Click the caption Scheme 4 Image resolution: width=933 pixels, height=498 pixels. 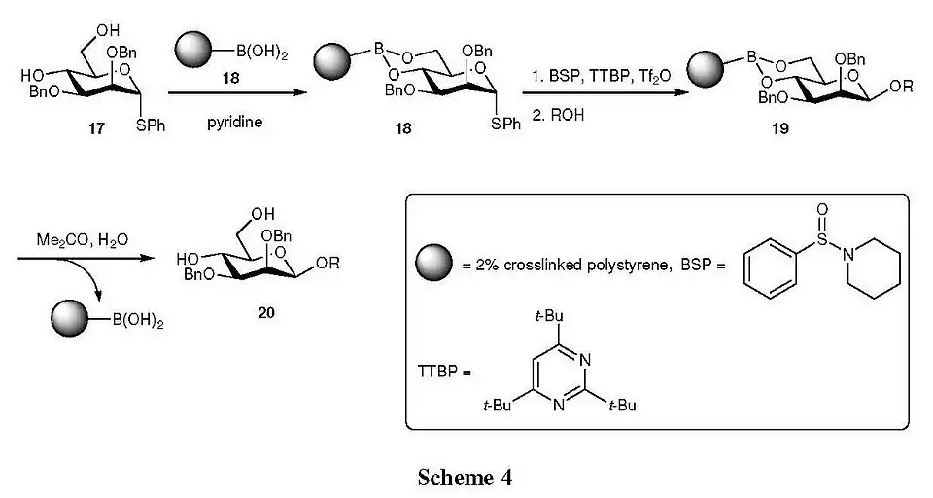tap(465, 477)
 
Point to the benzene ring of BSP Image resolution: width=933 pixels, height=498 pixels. tap(770, 266)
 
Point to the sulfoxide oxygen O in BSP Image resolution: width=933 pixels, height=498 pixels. tap(821, 209)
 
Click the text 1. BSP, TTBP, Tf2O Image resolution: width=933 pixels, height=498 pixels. tap(595, 74)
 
